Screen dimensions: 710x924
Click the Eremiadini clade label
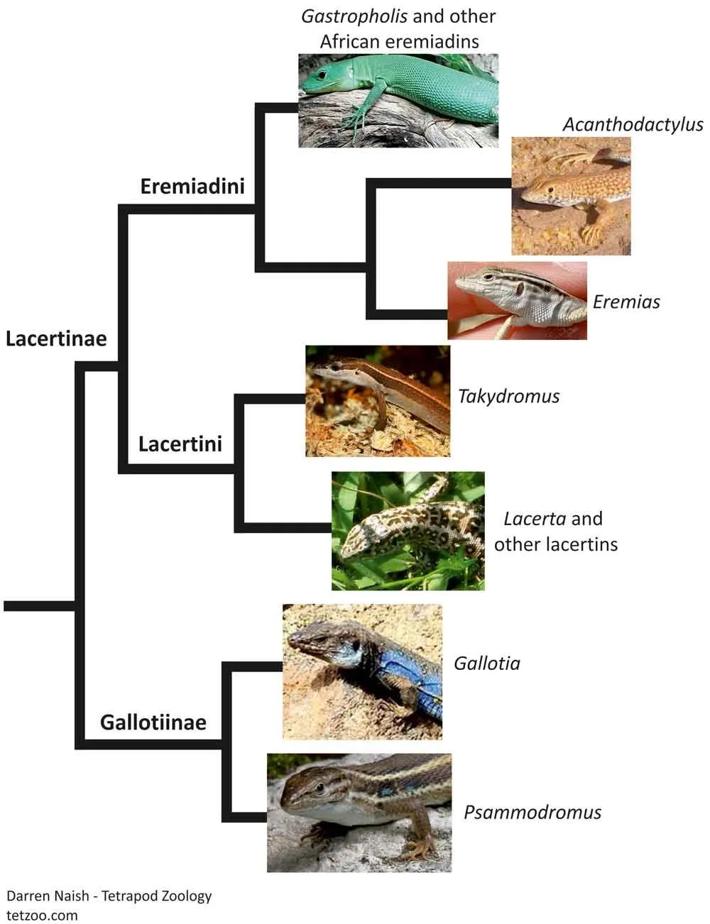tap(192, 186)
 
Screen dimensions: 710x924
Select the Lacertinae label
tap(56, 339)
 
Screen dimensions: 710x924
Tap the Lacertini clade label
tap(180, 444)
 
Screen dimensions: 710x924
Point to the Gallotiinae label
tap(153, 722)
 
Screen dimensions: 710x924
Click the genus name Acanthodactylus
tap(633, 125)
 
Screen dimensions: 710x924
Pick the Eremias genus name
tap(626, 302)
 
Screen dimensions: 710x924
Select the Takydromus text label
tap(508, 396)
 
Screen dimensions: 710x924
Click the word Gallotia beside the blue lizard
tap(487, 664)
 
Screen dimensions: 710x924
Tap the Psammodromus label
tap(532, 812)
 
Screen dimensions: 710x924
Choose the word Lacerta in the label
tap(535, 519)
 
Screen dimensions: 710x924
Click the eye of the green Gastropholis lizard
tap(324, 74)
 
